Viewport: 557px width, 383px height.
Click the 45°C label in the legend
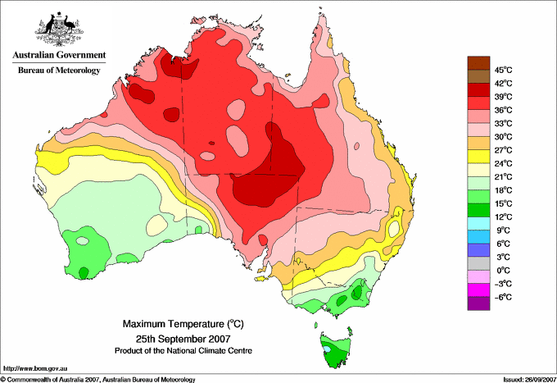pos(504,70)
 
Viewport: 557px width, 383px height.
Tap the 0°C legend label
pos(504,271)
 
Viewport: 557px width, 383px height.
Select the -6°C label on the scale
pos(503,297)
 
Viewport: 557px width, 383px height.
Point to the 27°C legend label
pos(504,150)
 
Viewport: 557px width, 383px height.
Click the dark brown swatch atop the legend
pos(478,63)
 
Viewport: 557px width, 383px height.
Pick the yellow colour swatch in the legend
pos(478,157)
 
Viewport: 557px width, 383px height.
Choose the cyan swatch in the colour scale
pos(478,223)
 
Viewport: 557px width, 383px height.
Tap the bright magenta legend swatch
pos(478,290)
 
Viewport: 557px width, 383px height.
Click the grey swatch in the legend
pos(478,263)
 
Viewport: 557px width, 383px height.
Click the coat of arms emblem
pos(59,30)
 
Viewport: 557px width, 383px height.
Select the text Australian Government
pos(59,55)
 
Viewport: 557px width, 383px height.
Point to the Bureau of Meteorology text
pos(59,70)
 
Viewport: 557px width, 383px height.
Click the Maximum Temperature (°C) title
pos(183,324)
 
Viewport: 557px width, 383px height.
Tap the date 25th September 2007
pos(183,338)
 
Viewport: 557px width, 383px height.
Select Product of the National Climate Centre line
pos(183,351)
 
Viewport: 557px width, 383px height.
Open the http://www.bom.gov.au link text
pos(35,369)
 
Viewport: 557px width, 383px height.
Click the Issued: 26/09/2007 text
pos(530,380)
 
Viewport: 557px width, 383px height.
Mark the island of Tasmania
pos(335,349)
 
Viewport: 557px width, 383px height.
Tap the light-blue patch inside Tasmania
pos(327,349)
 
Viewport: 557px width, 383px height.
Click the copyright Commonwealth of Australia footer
pos(98,380)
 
